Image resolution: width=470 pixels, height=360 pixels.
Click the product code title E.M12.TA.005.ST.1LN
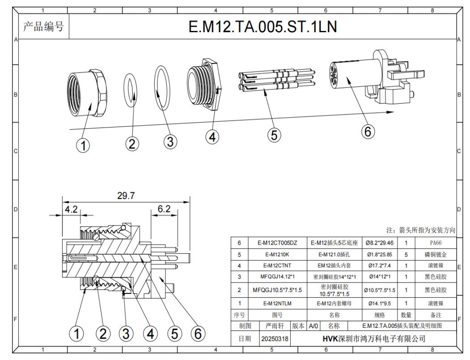pos(263,27)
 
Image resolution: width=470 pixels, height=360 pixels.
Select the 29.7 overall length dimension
pos(126,195)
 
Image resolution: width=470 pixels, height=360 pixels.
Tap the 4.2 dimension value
pos(71,209)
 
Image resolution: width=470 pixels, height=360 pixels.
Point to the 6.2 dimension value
pos(164,209)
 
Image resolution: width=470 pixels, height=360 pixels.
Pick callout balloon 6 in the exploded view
pos(367,131)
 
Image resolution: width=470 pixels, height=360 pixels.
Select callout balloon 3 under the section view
pos(126,334)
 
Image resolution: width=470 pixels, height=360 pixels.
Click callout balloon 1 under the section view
pos(78,334)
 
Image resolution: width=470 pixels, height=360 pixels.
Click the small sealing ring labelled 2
pos(130,91)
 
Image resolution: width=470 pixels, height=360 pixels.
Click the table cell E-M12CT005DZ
pos(277,243)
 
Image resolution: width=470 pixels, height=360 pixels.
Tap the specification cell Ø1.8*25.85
pos(379,254)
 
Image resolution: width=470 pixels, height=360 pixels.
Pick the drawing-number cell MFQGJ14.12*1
pos(277,277)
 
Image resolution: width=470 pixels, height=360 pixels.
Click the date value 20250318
pos(275,339)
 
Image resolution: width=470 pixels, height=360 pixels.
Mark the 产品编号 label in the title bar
pos(43,27)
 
